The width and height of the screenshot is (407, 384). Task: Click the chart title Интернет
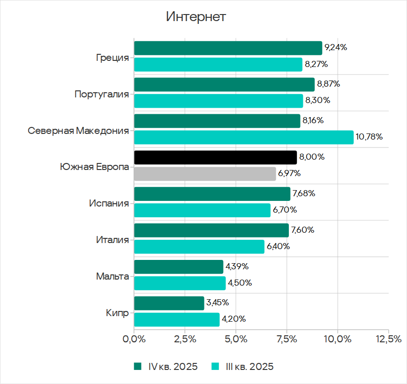tap(196, 17)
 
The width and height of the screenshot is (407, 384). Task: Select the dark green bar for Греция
tap(228, 48)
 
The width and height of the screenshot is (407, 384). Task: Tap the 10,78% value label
tap(369, 137)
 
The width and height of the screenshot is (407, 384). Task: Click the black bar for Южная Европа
tap(215, 157)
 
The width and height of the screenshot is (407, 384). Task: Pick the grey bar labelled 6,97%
tap(205, 174)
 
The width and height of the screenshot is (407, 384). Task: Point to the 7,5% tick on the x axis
tap(286, 339)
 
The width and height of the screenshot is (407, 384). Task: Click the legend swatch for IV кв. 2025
tap(137, 367)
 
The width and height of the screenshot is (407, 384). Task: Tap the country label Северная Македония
tap(78, 131)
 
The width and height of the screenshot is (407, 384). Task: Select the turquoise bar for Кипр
tap(177, 319)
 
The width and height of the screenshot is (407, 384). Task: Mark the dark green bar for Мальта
tap(179, 267)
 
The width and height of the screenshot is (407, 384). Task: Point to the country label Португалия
tap(102, 94)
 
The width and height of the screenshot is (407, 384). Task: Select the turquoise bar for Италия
tap(199, 246)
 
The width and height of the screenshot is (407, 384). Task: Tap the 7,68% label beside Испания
tap(303, 193)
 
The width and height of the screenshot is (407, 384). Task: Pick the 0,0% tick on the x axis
tap(134, 339)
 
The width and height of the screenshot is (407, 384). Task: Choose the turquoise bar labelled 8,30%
tap(219, 101)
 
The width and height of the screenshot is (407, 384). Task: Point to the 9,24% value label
tap(336, 47)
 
